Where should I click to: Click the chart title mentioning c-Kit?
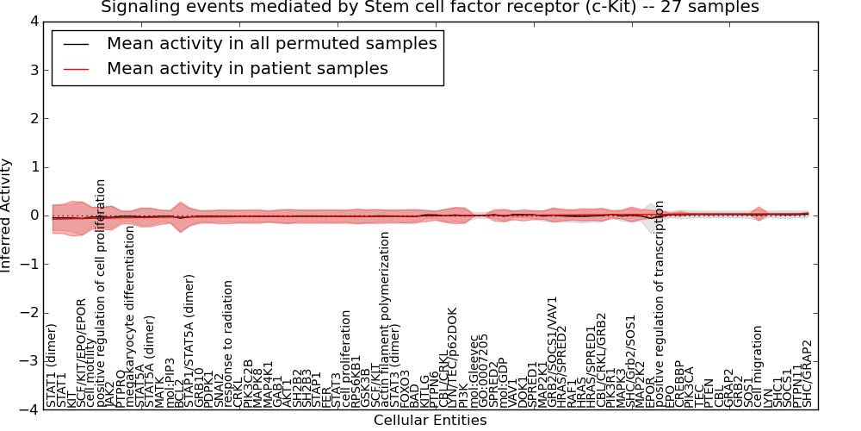(x=430, y=8)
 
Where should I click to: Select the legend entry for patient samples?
(x=247, y=68)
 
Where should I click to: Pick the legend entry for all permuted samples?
(x=271, y=43)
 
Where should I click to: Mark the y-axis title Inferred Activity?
(x=8, y=215)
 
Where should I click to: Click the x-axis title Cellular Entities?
(x=430, y=421)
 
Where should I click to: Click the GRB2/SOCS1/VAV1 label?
(x=552, y=352)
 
